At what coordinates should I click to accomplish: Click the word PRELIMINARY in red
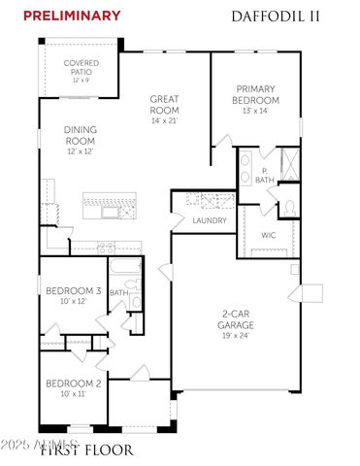[73, 16]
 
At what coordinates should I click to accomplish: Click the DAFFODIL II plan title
[277, 16]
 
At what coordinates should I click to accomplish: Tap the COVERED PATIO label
[82, 67]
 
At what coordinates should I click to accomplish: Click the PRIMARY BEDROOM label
[257, 94]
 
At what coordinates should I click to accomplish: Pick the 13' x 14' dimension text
[257, 112]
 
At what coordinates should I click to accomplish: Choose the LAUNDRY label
[210, 220]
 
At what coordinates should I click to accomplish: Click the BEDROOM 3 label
[74, 291]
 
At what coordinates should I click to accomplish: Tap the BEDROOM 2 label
[74, 384]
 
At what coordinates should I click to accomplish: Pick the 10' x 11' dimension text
[74, 395]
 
